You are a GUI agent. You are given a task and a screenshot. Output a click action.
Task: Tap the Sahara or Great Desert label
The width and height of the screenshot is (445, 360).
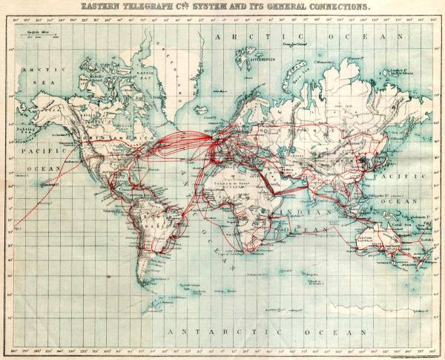(226, 180)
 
